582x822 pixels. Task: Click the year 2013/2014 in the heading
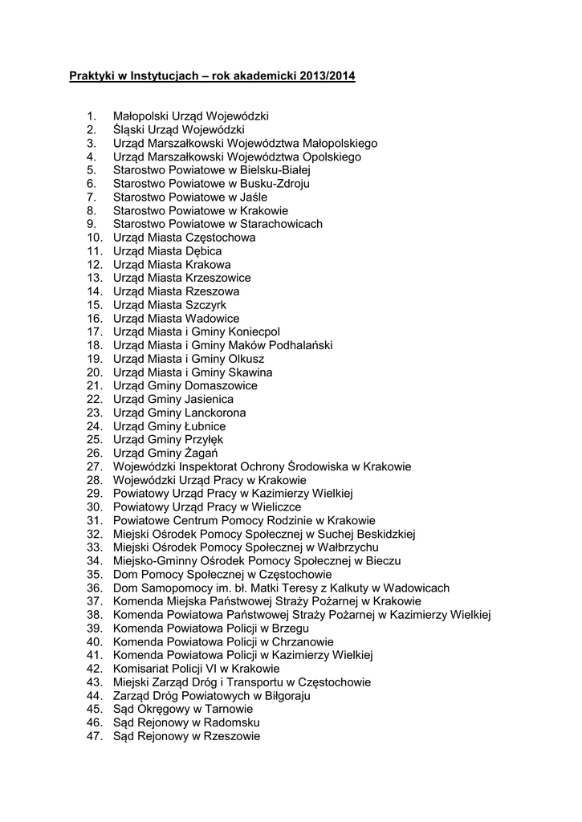(327, 77)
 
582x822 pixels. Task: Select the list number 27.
(95, 466)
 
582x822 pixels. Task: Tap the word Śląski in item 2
(130, 129)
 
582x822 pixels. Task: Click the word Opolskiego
(331, 157)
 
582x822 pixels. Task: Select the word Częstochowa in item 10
(221, 238)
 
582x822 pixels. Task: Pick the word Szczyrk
(206, 305)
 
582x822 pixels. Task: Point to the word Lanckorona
(216, 413)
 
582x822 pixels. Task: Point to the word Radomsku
(230, 722)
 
